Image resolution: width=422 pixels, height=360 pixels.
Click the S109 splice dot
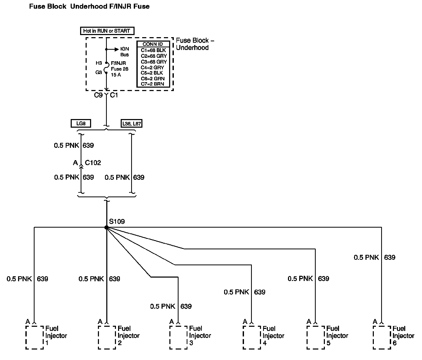106,228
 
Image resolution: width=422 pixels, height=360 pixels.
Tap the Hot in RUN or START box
107,31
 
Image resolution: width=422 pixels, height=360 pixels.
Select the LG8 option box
81,123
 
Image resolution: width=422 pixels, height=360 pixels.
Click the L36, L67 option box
131,123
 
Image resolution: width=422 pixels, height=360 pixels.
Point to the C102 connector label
93,163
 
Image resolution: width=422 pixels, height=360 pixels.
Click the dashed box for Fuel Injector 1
35,337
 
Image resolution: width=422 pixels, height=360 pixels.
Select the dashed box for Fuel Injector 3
178,337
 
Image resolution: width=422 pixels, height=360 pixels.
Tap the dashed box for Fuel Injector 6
382,337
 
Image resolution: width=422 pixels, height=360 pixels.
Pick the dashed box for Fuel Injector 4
252,337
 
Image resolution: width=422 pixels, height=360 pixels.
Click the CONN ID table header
153,44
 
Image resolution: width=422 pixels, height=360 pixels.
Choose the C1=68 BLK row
153,50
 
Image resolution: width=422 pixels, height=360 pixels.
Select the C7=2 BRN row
153,84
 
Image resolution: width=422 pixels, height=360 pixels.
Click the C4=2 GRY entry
153,67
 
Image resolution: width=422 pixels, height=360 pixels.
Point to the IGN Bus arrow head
117,49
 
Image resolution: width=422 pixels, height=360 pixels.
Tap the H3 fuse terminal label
99,63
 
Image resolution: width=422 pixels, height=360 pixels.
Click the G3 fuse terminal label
99,72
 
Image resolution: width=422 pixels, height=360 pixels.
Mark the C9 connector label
98,95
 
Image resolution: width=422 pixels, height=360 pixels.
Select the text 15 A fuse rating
116,75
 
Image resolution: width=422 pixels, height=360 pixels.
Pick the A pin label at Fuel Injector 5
309,321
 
